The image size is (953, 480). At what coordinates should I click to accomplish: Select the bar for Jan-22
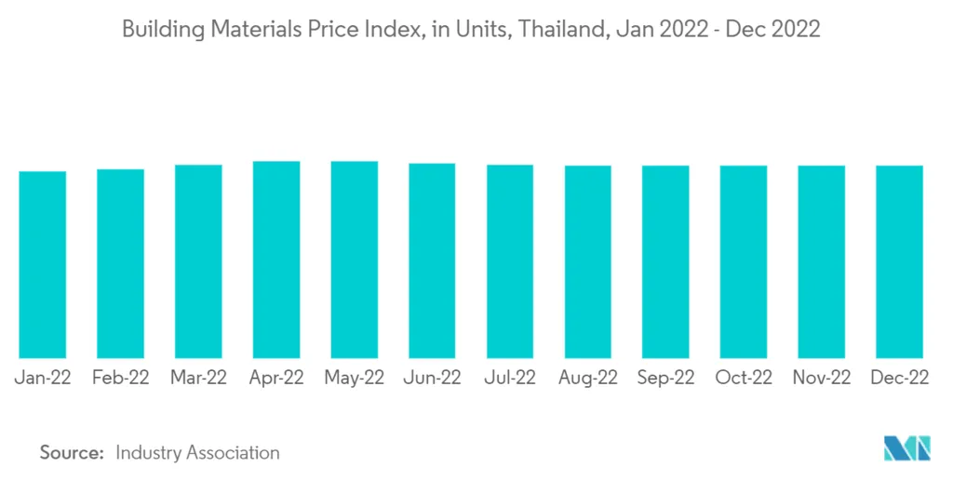click(x=43, y=265)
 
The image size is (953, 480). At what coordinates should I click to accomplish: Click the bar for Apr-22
click(x=276, y=260)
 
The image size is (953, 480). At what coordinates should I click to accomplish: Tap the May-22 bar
click(x=355, y=260)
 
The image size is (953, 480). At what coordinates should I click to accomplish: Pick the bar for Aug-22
click(x=588, y=262)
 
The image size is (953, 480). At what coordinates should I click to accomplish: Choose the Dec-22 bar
click(x=899, y=262)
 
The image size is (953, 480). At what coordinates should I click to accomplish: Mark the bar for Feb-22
click(x=121, y=264)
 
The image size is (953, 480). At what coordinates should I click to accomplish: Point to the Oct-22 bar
click(x=744, y=262)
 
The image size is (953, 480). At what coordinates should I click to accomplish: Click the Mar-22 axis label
click(x=198, y=378)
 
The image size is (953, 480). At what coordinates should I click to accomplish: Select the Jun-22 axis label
click(x=432, y=378)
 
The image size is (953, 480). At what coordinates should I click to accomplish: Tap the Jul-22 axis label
click(x=510, y=378)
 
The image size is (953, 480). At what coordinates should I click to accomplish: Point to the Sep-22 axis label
click(x=665, y=378)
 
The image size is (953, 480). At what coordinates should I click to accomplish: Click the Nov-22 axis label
click(x=821, y=378)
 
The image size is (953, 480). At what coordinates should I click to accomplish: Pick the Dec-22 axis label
click(x=899, y=378)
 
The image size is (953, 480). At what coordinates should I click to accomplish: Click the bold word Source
click(x=71, y=452)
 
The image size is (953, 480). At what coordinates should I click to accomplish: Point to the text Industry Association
click(x=197, y=452)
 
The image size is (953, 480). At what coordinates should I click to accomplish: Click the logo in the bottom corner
click(x=906, y=448)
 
